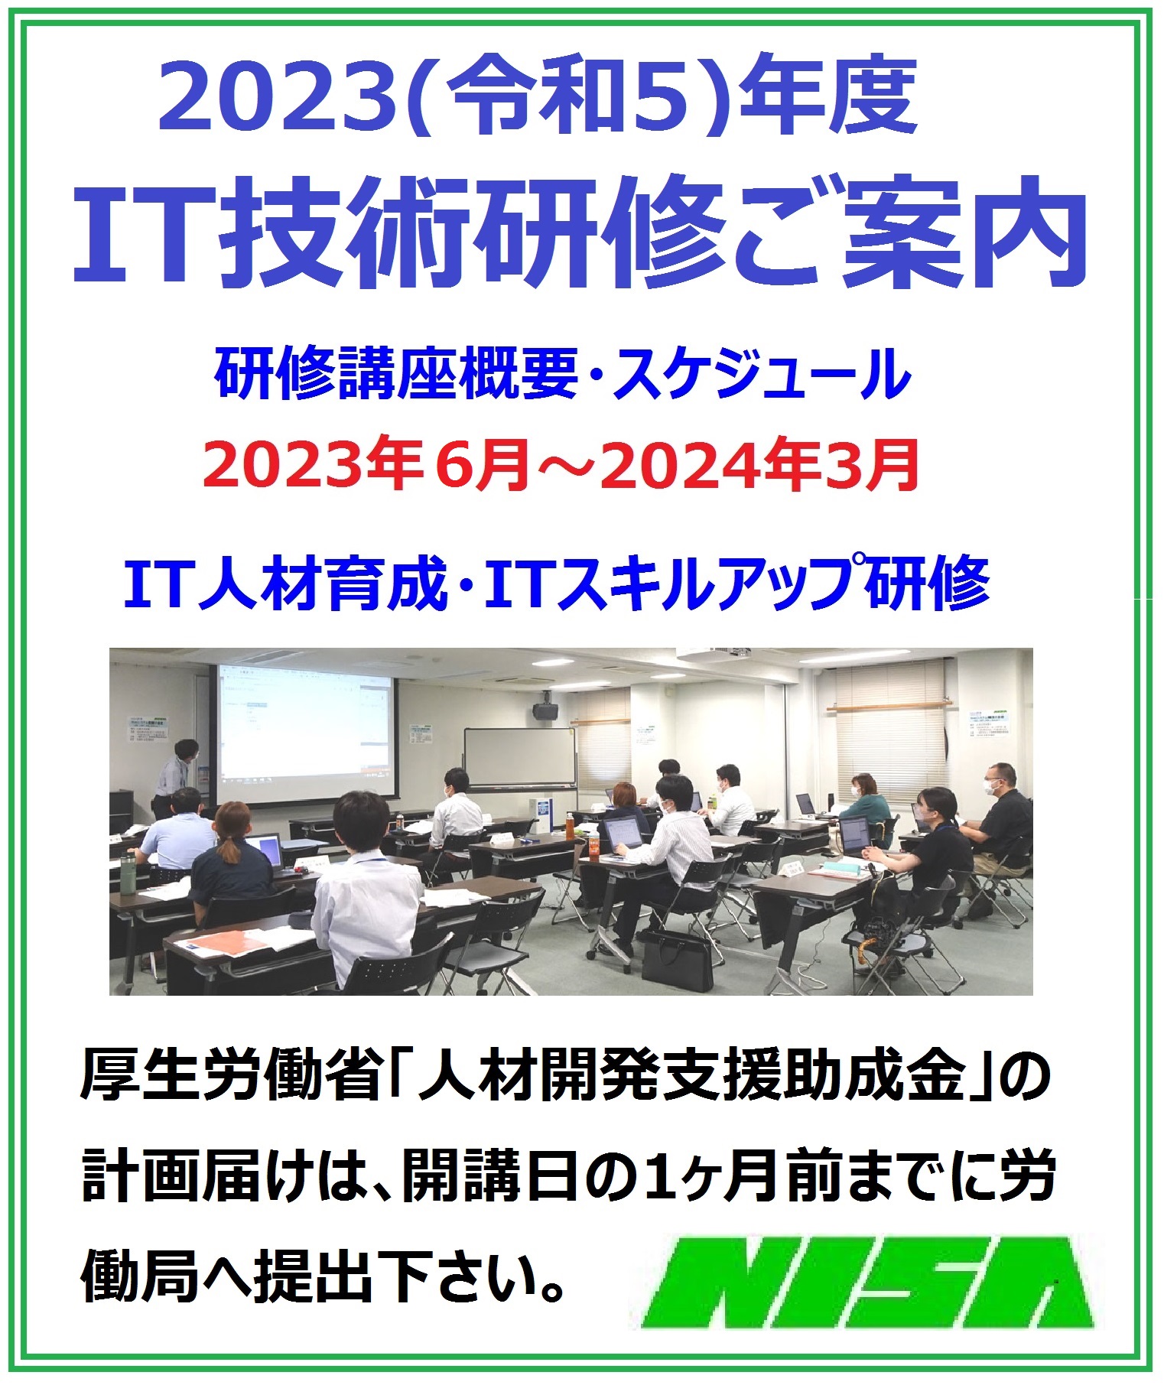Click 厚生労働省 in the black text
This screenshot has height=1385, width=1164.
pos(230,1078)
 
